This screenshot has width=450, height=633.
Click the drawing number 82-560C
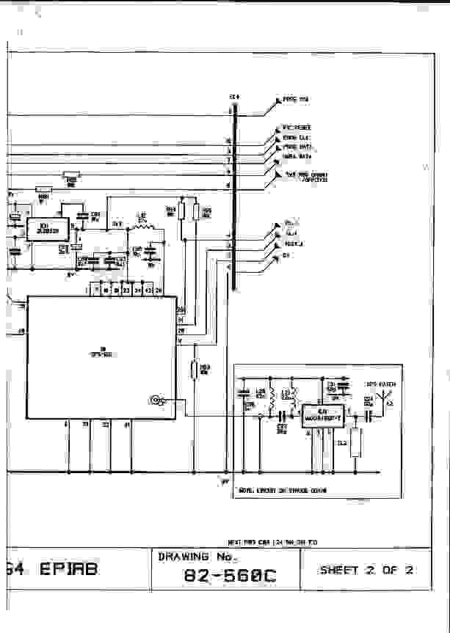[x=229, y=577]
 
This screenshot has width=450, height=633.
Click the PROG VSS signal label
[x=296, y=99]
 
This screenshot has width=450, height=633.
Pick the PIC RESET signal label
[x=297, y=128]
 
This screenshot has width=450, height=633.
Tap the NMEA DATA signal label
[x=297, y=155]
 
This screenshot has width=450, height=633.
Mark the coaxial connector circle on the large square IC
[x=155, y=400]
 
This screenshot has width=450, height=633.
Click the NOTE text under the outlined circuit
[x=283, y=490]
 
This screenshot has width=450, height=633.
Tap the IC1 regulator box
[x=47, y=229]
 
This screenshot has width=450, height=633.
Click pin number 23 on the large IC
[x=126, y=290]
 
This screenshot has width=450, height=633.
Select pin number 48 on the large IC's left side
[x=21, y=332]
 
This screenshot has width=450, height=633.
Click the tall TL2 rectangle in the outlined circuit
[x=356, y=442]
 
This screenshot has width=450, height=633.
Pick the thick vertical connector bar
[x=233, y=198]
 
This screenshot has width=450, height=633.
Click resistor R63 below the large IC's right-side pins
[x=194, y=370]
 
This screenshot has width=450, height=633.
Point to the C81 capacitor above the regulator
[x=81, y=214]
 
